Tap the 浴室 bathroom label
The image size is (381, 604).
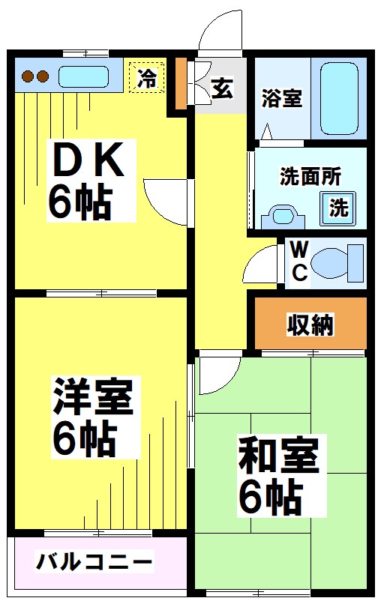282,98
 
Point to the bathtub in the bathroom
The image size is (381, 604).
343,98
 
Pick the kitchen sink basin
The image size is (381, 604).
84,76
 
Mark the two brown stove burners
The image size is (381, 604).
34,76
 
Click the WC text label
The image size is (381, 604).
298,261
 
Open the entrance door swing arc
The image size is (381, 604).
220,34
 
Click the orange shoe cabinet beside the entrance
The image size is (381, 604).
180,83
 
